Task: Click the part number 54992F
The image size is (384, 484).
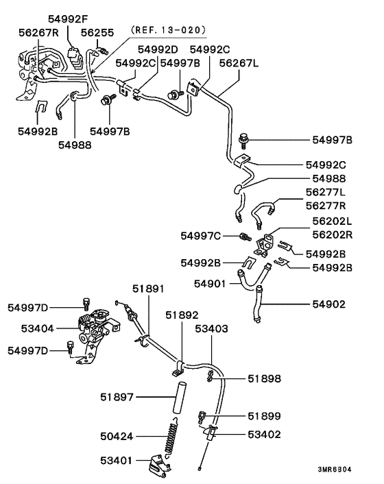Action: coord(68,19)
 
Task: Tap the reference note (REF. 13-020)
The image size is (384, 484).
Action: coord(168,29)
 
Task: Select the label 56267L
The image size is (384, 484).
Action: coord(239,63)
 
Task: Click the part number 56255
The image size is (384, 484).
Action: coord(97,32)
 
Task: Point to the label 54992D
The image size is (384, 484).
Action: coord(158,49)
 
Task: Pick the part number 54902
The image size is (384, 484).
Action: coord(328,304)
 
